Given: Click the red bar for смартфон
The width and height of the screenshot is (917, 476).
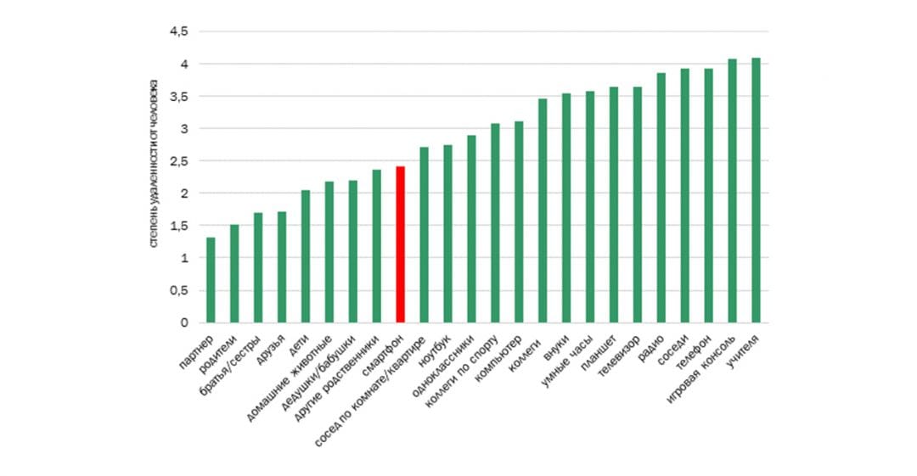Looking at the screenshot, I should click(400, 244).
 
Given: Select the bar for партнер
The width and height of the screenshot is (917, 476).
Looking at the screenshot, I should click(211, 280).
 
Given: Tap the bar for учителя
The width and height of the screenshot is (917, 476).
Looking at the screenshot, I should click(756, 190).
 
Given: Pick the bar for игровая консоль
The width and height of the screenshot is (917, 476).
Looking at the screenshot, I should click(732, 191).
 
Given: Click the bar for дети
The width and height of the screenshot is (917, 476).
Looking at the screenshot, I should click(306, 256).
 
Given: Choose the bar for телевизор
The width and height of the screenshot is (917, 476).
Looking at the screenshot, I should click(637, 204).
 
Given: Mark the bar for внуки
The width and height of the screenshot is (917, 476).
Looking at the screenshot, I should click(566, 208).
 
